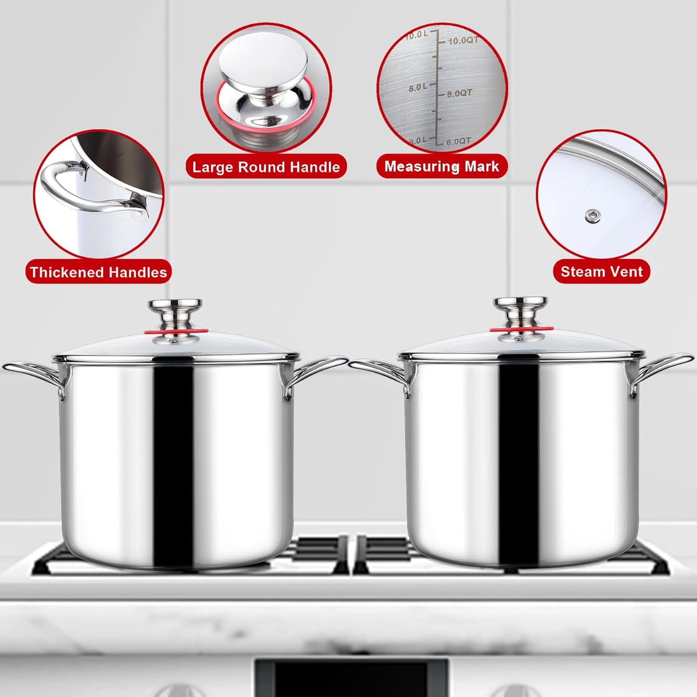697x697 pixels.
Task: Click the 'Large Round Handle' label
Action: click(266, 167)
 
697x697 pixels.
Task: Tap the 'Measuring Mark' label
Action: click(441, 166)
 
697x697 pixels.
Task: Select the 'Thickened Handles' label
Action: click(98, 272)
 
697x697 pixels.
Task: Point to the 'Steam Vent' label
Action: click(601, 272)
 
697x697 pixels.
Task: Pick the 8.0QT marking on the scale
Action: click(459, 93)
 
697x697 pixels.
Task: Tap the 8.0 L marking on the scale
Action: click(418, 87)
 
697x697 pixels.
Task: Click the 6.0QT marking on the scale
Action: click(458, 142)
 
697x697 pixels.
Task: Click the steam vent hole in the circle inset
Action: click(593, 216)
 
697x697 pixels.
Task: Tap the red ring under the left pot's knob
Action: click(177, 331)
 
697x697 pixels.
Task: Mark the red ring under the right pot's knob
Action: click(521, 329)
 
